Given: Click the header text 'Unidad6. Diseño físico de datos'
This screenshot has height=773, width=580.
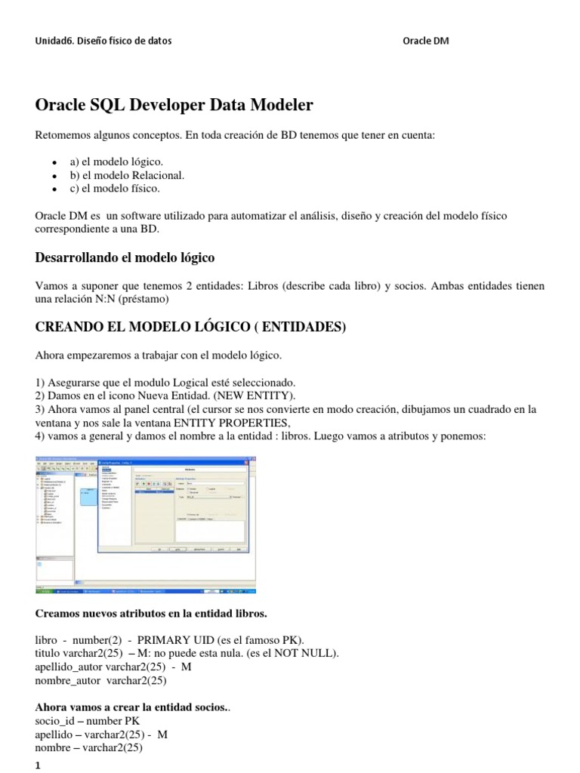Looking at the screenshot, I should click(103, 41).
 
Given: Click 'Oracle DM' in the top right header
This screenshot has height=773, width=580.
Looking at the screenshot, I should click(426, 41).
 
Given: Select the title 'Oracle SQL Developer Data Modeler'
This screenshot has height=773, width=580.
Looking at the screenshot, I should click(174, 105).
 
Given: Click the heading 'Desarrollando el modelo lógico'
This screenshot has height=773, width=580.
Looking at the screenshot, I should click(125, 258).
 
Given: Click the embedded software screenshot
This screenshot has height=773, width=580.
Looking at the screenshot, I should click(146, 524).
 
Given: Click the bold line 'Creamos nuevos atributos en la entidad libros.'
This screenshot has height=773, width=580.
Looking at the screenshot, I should click(151, 613).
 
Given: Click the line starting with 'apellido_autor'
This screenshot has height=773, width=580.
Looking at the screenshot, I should click(113, 667).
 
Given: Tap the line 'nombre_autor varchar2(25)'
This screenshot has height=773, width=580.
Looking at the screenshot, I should click(100, 680).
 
